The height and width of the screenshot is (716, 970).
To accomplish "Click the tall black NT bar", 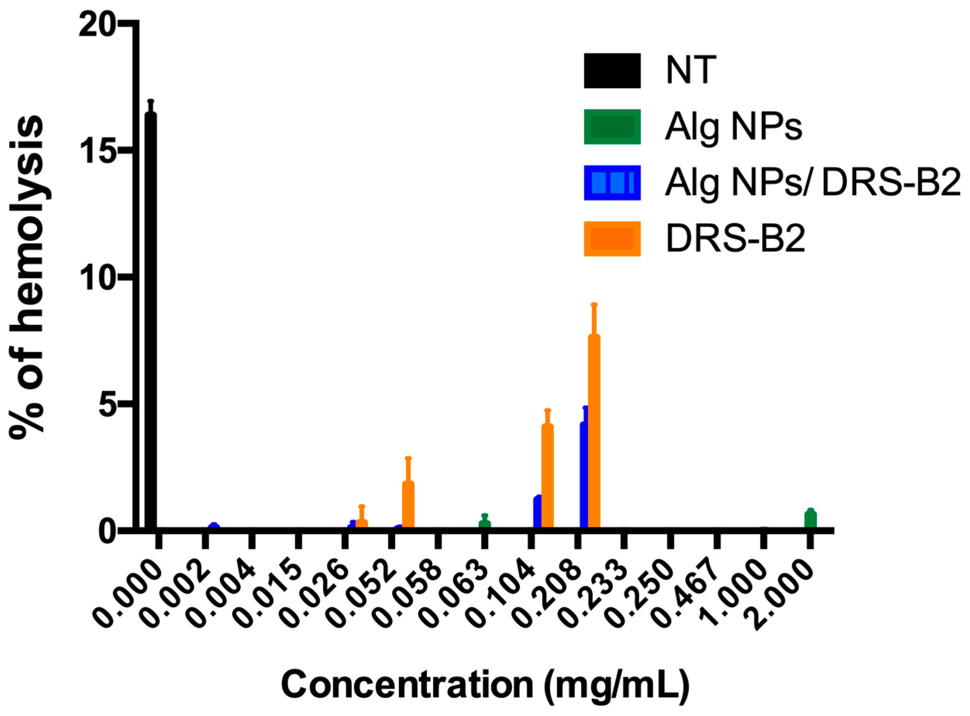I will pyautogui.click(x=150, y=321).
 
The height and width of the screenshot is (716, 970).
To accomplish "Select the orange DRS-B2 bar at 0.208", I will pyautogui.click(x=594, y=431).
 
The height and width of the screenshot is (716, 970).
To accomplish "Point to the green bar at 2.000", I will pyautogui.click(x=811, y=520).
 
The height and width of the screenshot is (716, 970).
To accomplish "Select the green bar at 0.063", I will pyautogui.click(x=485, y=524).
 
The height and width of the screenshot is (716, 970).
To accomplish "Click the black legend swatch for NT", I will pyautogui.click(x=612, y=71).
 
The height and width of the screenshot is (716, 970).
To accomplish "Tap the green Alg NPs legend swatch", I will pyautogui.click(x=612, y=126).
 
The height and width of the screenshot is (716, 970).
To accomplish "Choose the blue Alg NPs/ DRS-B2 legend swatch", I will pyautogui.click(x=612, y=182).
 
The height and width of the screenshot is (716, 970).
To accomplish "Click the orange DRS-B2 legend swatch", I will pyautogui.click(x=612, y=239).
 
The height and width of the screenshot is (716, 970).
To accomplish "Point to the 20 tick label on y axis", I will pyautogui.click(x=96, y=27).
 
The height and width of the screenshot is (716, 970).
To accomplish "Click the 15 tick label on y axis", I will pyautogui.click(x=96, y=152).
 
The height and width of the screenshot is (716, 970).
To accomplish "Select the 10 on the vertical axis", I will pyautogui.click(x=96, y=280).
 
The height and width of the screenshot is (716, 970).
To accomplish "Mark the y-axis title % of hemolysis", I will pyautogui.click(x=27, y=277).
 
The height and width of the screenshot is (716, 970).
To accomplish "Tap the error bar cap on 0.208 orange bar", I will pyautogui.click(x=594, y=304).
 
